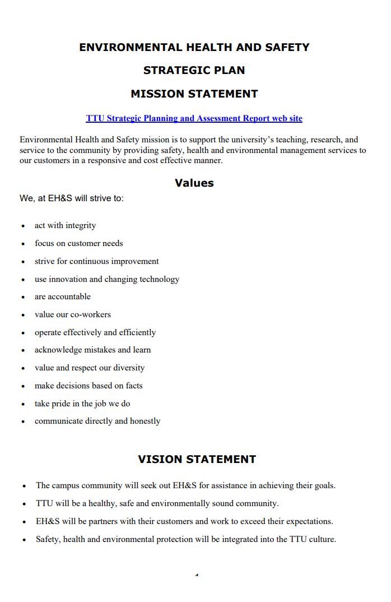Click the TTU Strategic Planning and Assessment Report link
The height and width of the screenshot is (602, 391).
[194, 118]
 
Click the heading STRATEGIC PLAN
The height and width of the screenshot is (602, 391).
[194, 71]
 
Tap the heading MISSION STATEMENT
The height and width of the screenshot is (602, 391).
[194, 94]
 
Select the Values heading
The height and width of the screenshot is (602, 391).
[194, 183]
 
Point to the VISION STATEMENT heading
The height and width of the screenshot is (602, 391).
[197, 460]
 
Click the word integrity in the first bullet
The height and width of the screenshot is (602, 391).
[81, 226]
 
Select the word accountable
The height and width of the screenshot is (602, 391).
[70, 297]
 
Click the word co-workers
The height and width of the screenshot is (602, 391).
[91, 314]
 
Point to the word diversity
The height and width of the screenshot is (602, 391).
[129, 368]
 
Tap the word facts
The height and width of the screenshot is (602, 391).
[132, 386]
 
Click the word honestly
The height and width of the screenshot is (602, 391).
[145, 421]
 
